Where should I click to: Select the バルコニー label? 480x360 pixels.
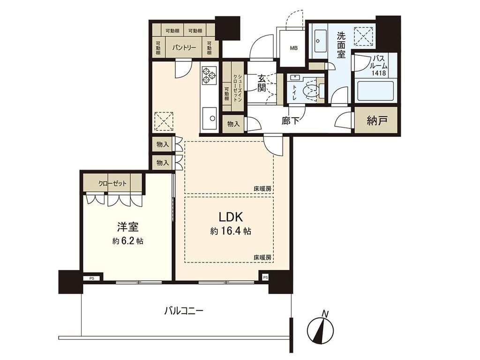coord(184,310)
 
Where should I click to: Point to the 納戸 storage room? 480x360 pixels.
coord(377,121)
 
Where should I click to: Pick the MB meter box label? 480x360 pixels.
coord(293,48)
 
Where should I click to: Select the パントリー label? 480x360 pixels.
coord(183,47)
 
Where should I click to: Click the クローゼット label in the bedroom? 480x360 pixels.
coord(112,183)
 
